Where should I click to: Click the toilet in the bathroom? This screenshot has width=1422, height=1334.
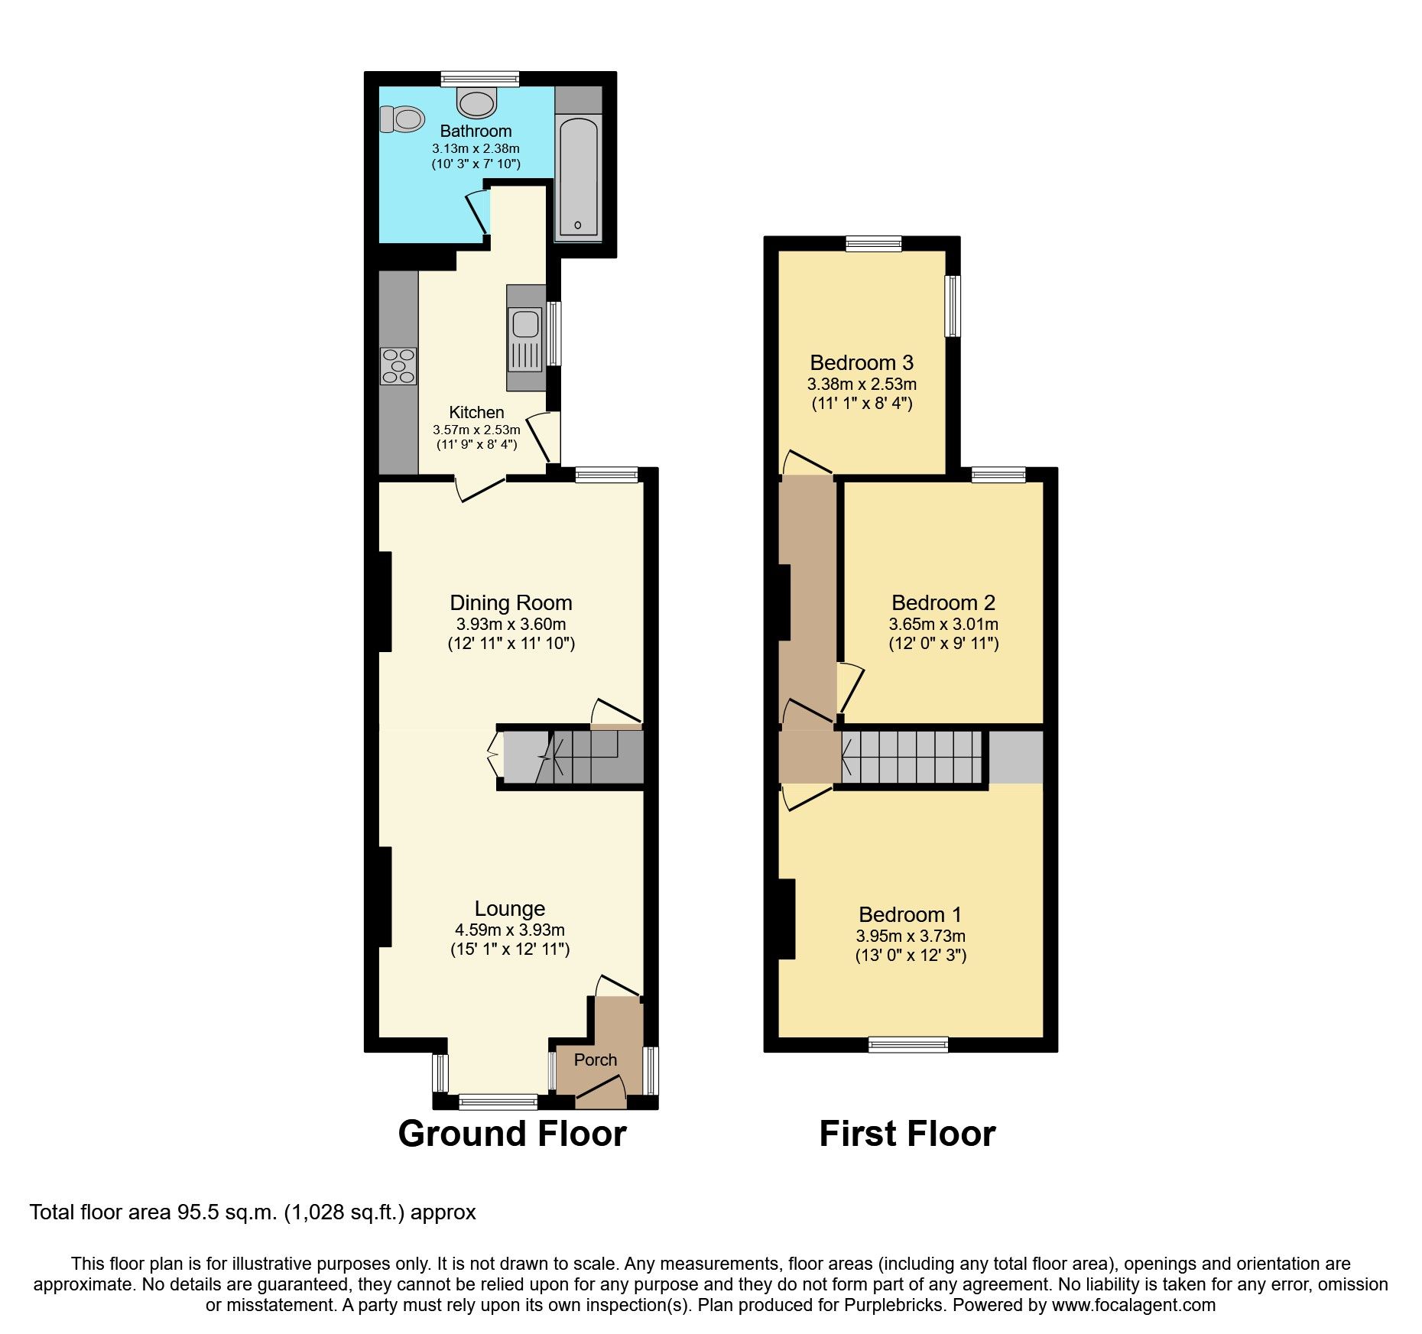tap(402, 119)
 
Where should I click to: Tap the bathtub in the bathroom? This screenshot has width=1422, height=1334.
tap(578, 177)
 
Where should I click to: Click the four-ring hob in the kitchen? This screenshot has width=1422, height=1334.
tap(398, 366)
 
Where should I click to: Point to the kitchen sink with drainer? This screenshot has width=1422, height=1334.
tap(525, 339)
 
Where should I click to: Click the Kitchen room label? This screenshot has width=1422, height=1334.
tap(476, 412)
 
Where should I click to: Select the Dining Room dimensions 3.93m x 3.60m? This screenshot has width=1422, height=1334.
tap(511, 624)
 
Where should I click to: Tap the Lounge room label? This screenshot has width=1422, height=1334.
tap(510, 908)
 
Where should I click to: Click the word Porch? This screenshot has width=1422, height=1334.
tap(596, 1060)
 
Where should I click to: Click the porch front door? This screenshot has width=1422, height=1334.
tap(600, 1092)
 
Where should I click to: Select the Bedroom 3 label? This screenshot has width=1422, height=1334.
tap(862, 362)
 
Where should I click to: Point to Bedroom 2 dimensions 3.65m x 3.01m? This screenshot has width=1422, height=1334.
tap(943, 624)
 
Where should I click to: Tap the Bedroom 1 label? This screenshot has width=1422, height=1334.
tap(910, 914)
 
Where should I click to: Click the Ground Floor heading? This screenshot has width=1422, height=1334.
tap(512, 1133)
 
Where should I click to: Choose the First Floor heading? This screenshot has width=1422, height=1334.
tap(907, 1133)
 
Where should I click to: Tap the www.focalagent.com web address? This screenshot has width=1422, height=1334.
tap(1133, 1305)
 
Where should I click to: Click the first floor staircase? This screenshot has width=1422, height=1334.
tap(911, 757)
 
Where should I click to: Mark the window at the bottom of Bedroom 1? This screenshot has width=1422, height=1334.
tap(908, 1044)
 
